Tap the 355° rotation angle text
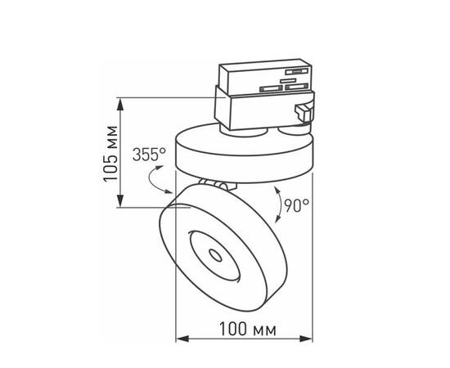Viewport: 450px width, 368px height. pos(150,154)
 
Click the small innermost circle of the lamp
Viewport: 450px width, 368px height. pos(217,255)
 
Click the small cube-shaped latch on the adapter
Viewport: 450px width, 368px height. pos(304,114)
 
